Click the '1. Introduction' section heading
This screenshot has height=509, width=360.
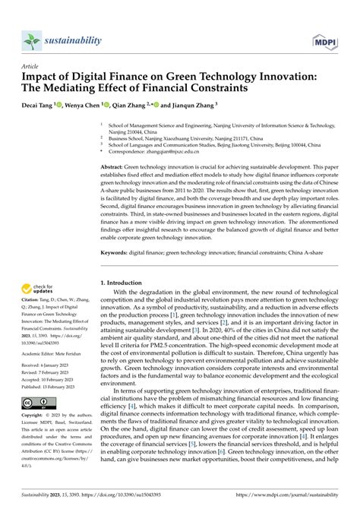pyautogui.click(x=127, y=283)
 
